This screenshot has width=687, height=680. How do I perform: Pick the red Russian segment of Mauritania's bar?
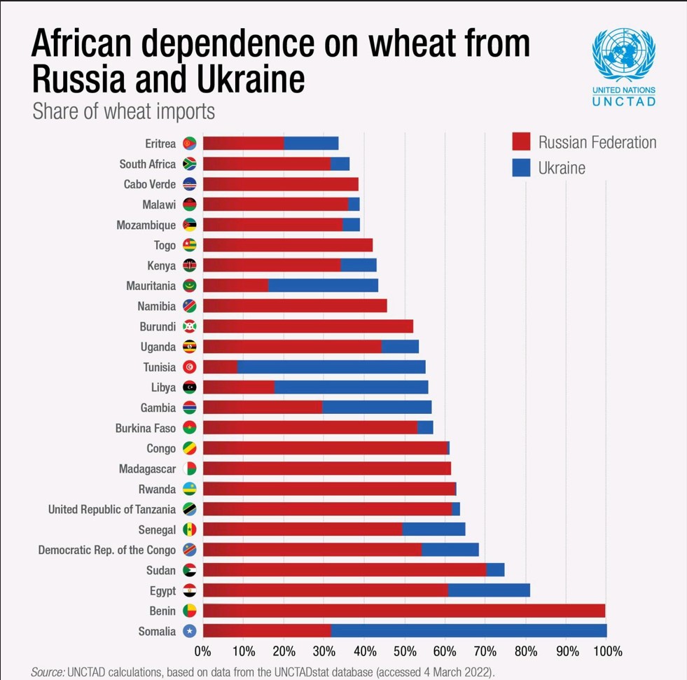coord(235,286)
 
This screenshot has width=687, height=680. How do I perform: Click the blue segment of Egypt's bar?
coord(489,590)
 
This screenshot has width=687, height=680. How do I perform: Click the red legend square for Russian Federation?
coord(521,142)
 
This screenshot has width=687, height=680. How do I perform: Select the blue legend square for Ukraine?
coord(521,168)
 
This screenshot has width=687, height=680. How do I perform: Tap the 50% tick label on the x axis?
coord(404,652)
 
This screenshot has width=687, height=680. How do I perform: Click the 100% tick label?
coord(607,652)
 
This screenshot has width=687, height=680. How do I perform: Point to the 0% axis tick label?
coord(202,652)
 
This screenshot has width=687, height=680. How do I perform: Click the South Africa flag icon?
coord(189,164)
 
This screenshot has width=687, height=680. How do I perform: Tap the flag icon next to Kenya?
coord(189,265)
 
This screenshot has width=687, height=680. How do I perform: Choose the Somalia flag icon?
coord(189,631)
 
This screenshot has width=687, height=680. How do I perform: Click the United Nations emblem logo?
coord(623,55)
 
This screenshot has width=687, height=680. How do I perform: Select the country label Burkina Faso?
coord(146,428)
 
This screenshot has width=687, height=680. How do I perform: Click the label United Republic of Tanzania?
coord(112,509)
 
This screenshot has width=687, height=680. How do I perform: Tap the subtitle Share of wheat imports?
coord(123,111)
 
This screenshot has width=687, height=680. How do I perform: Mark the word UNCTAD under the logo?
coord(623,102)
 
